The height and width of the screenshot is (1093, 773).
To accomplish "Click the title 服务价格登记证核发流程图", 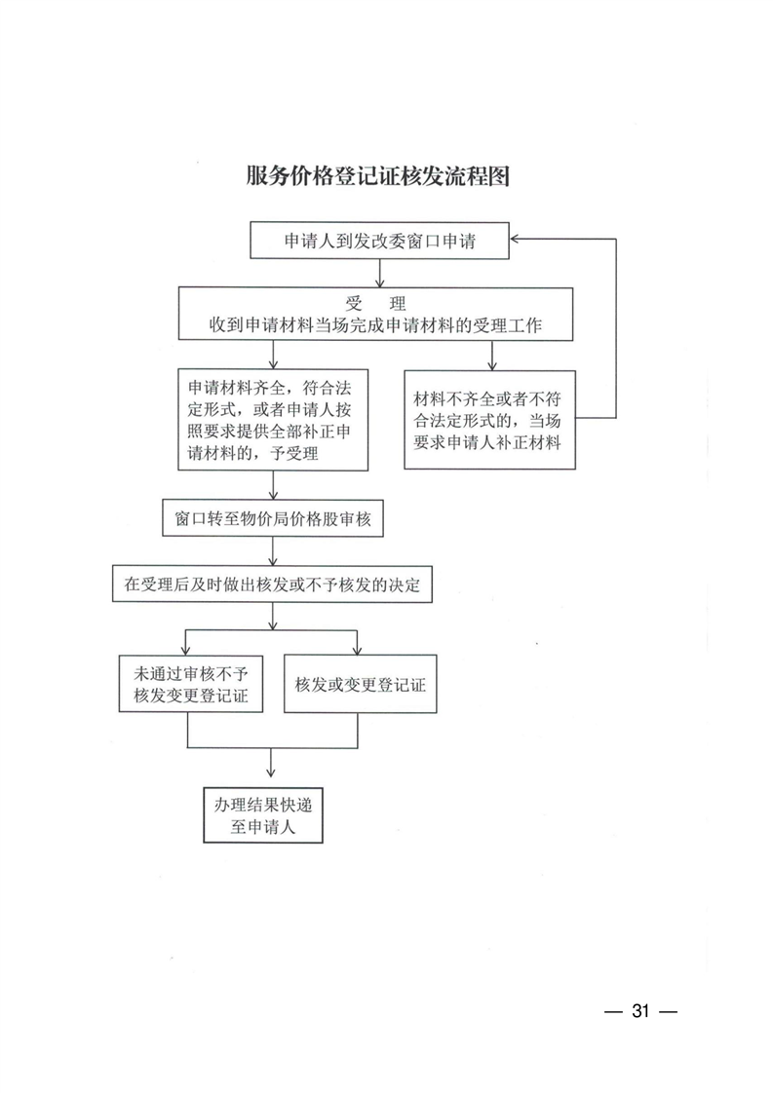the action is [x=377, y=175].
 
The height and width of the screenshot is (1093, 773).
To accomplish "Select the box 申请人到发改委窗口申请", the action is [x=379, y=241].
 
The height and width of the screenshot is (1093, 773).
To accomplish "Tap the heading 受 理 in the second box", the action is [x=375, y=303].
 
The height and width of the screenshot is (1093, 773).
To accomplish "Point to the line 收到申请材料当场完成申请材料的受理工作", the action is [x=375, y=325].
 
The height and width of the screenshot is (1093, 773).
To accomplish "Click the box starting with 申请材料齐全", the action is [x=273, y=420].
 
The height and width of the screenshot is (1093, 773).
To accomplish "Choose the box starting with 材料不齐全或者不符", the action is [x=489, y=420].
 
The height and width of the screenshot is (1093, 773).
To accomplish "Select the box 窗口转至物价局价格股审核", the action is [x=273, y=518].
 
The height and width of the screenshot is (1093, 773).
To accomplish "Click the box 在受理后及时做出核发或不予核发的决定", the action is [x=272, y=584].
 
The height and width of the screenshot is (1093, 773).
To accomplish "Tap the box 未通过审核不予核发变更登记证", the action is [x=190, y=684].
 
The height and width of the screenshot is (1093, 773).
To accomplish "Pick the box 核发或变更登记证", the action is [x=360, y=684].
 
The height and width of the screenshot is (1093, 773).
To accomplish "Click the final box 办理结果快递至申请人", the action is [x=263, y=815].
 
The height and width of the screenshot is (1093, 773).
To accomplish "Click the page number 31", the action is [x=640, y=1011].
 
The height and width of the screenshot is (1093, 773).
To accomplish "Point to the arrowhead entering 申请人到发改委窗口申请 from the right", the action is [x=515, y=239].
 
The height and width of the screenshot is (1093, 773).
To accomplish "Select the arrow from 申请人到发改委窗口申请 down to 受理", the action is [x=379, y=273].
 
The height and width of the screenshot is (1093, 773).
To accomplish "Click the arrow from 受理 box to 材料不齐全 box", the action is [x=492, y=356].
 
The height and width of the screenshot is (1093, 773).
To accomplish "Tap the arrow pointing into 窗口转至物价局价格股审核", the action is [x=273, y=485].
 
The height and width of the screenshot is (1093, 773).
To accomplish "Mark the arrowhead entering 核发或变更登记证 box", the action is [x=357, y=651].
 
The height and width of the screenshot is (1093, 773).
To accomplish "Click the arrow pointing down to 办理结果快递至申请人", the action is [x=271, y=764].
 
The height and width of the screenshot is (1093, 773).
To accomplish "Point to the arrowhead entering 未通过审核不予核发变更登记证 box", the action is [x=186, y=651].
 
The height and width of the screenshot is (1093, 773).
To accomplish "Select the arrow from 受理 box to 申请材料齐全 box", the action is [x=273, y=355].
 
